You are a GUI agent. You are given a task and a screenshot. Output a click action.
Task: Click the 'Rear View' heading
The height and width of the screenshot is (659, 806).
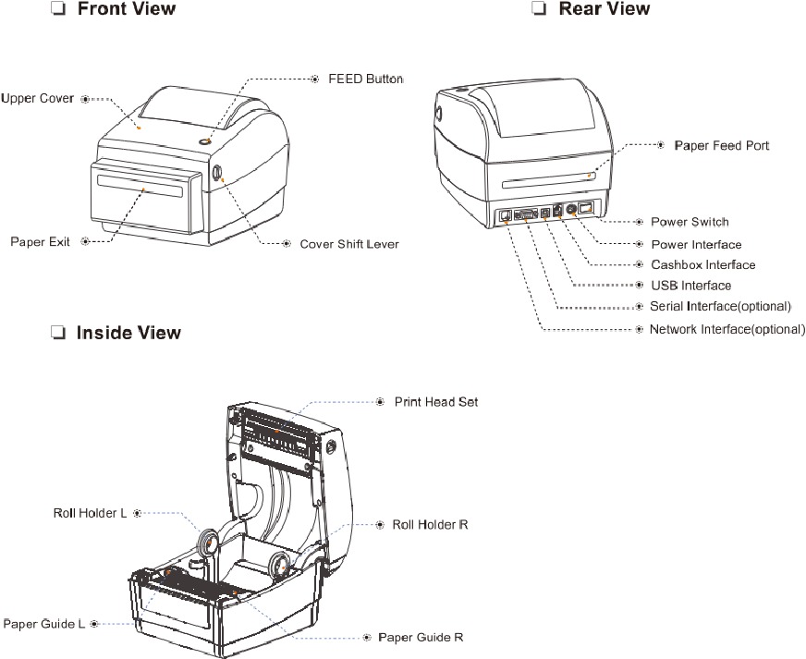click(x=604, y=10)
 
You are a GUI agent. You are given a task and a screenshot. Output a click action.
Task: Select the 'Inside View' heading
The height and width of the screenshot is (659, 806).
click(x=128, y=333)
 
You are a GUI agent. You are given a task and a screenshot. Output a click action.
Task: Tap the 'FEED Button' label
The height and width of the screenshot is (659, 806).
click(x=366, y=79)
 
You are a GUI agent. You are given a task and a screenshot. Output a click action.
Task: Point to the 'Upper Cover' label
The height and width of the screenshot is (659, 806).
click(x=38, y=98)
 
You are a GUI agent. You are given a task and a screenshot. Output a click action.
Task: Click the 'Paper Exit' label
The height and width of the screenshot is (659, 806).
click(x=41, y=242)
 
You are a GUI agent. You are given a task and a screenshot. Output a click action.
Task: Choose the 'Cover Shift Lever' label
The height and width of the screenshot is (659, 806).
click(x=349, y=245)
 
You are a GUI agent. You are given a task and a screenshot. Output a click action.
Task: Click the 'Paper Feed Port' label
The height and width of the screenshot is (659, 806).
click(x=721, y=146)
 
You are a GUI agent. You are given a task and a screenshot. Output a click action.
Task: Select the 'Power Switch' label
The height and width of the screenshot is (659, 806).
click(x=690, y=222)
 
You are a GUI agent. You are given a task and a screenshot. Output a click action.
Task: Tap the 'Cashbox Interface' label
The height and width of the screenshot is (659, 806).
click(x=702, y=265)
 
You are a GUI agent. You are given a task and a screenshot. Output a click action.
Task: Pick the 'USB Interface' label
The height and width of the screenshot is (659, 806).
click(x=690, y=286)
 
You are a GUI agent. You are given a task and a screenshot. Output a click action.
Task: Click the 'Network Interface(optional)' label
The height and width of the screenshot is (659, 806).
click(x=727, y=330)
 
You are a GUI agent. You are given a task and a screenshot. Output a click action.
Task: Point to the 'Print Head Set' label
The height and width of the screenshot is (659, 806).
click(x=436, y=402)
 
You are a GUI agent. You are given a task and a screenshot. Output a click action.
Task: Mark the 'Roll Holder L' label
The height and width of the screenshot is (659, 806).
click(x=90, y=512)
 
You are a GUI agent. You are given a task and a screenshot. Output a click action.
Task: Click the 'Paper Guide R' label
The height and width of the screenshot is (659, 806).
click(x=421, y=638)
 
